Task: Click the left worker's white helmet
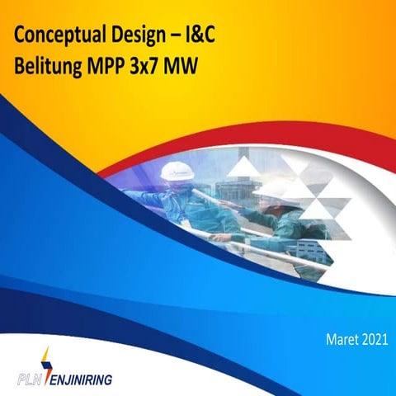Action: coord(177,171)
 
